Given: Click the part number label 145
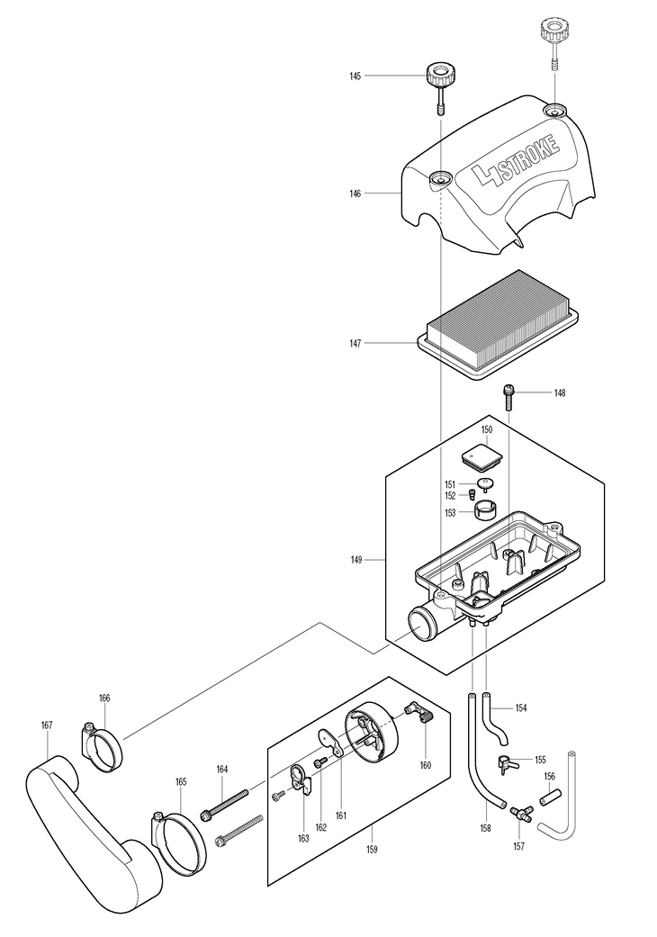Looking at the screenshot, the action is tap(355, 76).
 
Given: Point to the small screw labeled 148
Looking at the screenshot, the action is tap(508, 396).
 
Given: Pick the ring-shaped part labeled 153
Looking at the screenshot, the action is tap(487, 511).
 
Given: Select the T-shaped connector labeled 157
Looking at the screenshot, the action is tap(519, 814).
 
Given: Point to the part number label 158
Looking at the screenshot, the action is tap(485, 828).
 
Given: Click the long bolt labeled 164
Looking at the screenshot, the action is tap(225, 803).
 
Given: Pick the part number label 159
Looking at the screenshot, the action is tap(372, 849).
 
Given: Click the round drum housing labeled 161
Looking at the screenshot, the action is tap(371, 729).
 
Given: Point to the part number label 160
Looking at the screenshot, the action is tap(426, 765).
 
